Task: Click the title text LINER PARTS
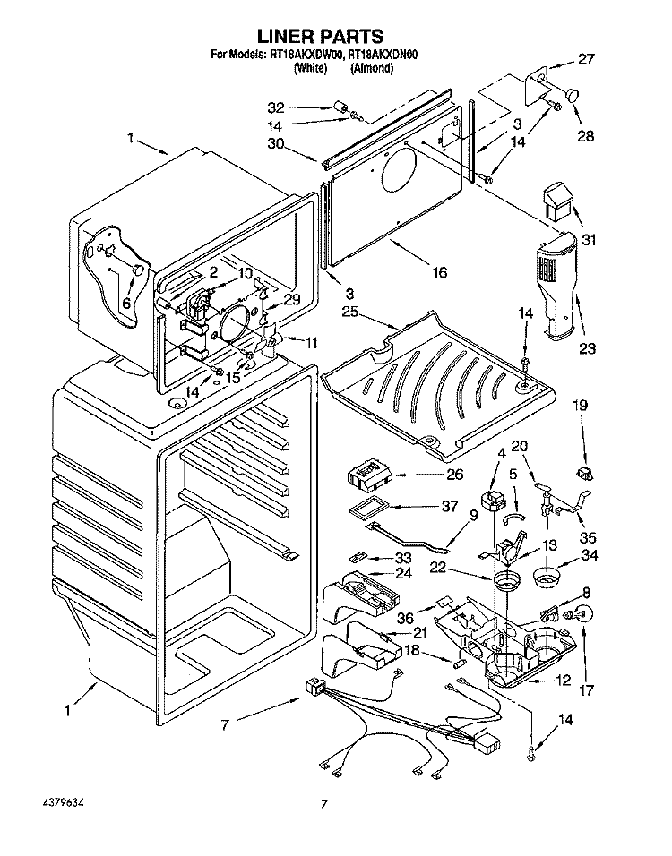click(x=320, y=37)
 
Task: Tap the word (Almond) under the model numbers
click(x=372, y=68)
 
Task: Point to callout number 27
click(x=585, y=59)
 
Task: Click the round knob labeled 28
click(x=572, y=93)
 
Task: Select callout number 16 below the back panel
click(x=438, y=272)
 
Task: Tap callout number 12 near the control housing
click(x=564, y=681)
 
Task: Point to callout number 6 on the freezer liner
click(x=126, y=304)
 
